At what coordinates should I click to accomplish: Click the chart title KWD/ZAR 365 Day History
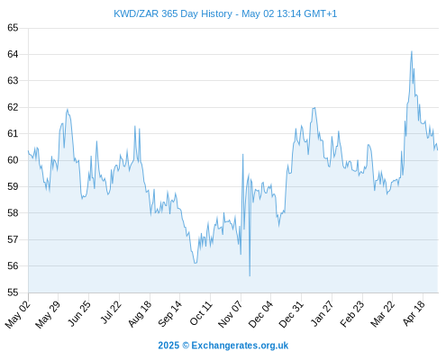point(173,13)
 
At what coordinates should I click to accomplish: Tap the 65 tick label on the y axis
point(13,28)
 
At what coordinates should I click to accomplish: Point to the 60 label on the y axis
point(13,160)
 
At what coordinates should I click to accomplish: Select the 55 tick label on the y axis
point(13,292)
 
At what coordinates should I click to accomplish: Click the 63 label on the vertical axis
point(13,81)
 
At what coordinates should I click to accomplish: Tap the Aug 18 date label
point(140,314)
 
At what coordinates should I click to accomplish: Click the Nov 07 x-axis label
point(230,314)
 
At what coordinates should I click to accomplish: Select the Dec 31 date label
point(291,314)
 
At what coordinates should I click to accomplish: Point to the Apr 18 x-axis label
point(414,313)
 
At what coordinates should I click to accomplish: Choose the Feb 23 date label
point(352,314)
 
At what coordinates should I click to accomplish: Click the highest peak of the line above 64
point(412,51)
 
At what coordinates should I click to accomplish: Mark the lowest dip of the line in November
point(250,275)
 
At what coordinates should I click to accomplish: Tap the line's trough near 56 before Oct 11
point(196,263)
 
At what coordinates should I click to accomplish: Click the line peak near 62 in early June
point(68,110)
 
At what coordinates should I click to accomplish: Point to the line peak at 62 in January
point(314,108)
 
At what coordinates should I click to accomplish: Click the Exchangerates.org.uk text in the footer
point(240,346)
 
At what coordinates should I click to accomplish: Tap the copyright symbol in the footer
point(186,346)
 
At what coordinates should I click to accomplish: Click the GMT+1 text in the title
point(320,13)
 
